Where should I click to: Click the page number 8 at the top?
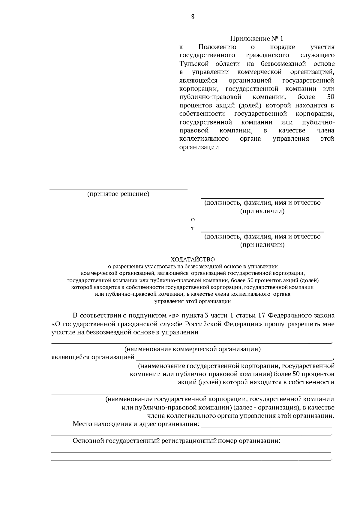click(193, 17)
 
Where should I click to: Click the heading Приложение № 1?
click(256, 39)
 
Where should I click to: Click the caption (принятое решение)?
click(118, 194)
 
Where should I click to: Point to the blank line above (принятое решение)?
click(118, 190)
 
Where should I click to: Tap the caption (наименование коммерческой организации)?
click(192, 349)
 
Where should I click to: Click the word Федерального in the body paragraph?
click(289, 316)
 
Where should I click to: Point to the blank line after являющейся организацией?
click(234, 359)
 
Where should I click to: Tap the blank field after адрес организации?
click(266, 426)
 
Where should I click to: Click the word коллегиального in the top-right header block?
click(204, 139)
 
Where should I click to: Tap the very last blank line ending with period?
click(191, 460)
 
